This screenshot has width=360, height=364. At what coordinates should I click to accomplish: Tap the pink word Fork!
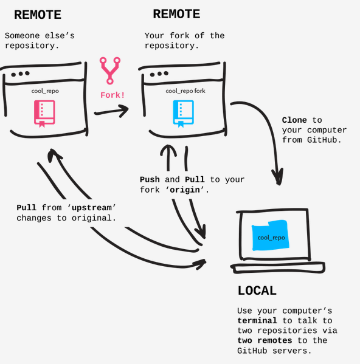[112, 95]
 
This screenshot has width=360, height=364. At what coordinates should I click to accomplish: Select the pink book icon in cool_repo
[44, 113]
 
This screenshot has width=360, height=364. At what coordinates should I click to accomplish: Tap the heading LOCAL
[257, 290]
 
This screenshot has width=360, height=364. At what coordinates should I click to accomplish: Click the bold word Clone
[294, 120]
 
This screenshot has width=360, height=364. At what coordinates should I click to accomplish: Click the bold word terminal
[257, 320]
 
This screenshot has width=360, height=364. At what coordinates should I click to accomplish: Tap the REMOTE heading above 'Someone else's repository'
[38, 15]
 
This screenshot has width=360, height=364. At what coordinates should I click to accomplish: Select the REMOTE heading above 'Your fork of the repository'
[176, 14]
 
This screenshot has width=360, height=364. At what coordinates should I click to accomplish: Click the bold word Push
[150, 180]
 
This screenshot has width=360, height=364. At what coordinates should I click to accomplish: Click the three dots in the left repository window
[19, 74]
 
